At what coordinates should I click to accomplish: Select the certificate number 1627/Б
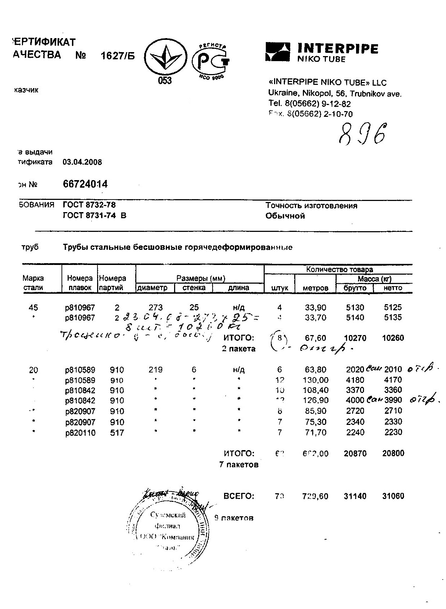point(117,56)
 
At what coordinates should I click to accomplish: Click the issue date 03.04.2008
point(82,162)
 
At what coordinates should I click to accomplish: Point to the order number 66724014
point(85,184)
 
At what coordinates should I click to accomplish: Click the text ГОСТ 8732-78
point(89,205)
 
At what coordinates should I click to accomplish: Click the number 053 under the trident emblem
point(165,81)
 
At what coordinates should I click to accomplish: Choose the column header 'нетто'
point(393,288)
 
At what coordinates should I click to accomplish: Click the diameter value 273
point(155,307)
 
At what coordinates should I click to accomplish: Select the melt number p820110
point(80,433)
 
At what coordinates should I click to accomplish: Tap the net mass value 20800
point(393,453)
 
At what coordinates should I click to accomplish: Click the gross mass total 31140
point(355,496)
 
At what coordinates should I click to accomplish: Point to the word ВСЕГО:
point(239,496)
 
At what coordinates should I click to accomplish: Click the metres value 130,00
point(315,380)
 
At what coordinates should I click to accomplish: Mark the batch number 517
point(117,433)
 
